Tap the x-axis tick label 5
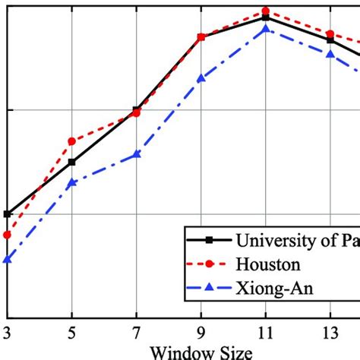coord(71,333)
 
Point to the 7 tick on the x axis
coord(137,333)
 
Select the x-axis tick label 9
coord(201,333)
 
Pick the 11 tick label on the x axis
coord(266,333)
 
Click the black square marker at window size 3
coord(8,214)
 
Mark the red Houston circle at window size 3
coord(8,235)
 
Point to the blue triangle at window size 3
coord(8,260)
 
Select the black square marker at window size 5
coord(72,162)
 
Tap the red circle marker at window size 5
coord(72,141)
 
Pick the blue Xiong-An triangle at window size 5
coord(72,183)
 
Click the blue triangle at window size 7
coord(137,154)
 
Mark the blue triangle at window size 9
coord(201,78)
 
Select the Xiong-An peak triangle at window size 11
coord(266,29)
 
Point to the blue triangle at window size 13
coord(330,54)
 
